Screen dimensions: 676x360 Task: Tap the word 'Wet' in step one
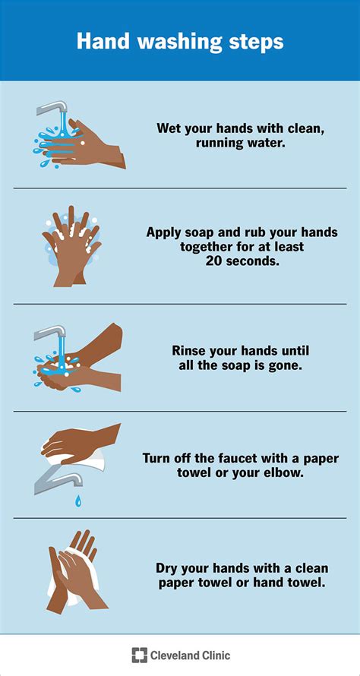coord(169,128)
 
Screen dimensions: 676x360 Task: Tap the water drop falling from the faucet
coord(77,501)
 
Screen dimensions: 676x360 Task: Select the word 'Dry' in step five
coord(168,567)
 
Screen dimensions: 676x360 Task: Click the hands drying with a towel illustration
coord(73,571)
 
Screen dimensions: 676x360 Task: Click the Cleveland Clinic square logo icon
coord(139,655)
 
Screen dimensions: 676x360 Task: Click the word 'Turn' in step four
coord(157,458)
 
